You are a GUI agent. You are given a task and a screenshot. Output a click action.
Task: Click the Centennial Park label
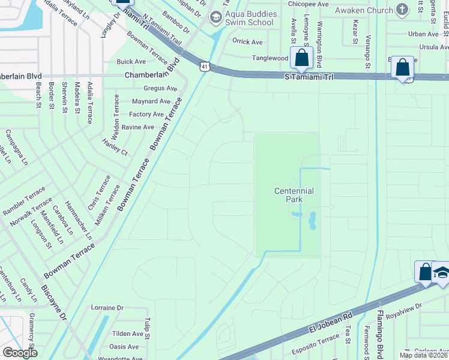(x=294, y=195)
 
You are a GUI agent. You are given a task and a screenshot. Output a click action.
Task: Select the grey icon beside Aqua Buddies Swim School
(x=215, y=18)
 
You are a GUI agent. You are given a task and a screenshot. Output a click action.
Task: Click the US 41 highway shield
(x=205, y=67)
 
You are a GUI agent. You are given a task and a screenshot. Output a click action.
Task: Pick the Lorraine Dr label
(x=107, y=308)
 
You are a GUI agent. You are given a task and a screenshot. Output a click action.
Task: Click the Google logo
(x=20, y=353)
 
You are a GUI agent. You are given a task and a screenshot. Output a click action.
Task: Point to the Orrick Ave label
(x=248, y=42)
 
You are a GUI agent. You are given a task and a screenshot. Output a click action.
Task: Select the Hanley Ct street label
(x=115, y=148)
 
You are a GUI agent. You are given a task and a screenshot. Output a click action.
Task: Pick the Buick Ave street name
(x=131, y=62)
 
